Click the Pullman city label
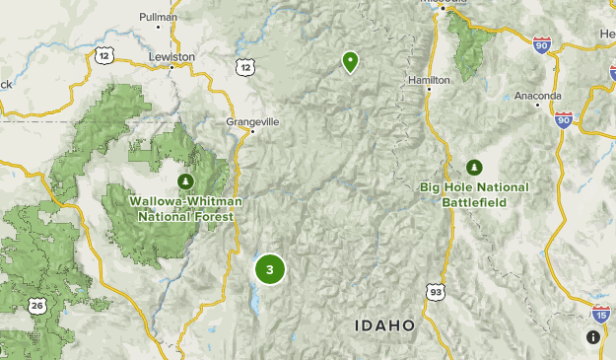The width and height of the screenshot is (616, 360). pos(158,17)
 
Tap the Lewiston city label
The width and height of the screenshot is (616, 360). pos(171,57)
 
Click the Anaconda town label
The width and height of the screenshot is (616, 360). pos(538,96)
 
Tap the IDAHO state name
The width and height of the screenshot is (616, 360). pos(385,324)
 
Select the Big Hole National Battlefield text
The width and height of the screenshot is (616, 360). pos(474,194)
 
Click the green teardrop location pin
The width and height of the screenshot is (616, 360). pos(350,61)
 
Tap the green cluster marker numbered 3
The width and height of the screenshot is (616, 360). pos(269,269)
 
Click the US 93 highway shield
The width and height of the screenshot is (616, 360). pos(435,291)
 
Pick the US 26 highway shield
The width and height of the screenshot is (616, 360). pos(37,306)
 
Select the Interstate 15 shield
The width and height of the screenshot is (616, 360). pos(600,315)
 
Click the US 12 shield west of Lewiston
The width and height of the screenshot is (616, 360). pos(103,56)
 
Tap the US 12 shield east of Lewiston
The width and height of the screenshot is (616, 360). pos(244,66)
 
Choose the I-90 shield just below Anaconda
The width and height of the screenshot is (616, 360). pos(563,119)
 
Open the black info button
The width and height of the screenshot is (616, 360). pos(592,337)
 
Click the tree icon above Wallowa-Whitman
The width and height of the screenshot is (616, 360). pos(185,181)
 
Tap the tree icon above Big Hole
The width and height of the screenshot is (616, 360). pos(474,167)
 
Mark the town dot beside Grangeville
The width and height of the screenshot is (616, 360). pos(253,131)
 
